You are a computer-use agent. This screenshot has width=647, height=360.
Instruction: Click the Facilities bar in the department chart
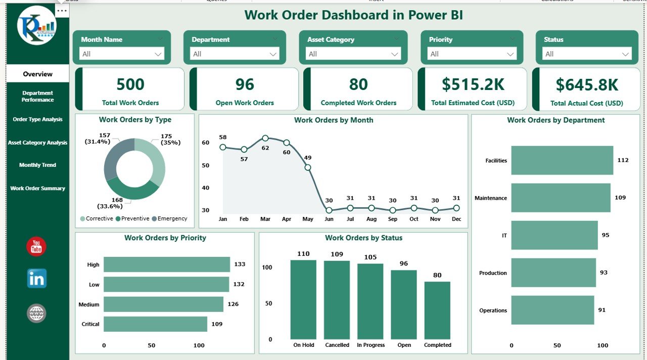coord(562,160)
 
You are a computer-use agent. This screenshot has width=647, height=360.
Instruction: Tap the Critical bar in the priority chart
coord(156,324)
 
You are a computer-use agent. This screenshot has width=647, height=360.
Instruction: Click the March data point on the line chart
coord(265,138)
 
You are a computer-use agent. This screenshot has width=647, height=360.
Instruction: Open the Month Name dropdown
coord(122,54)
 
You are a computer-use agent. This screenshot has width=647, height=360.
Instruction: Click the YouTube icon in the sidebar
coord(36,247)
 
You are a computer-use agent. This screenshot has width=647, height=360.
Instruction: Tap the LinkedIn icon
coord(36,279)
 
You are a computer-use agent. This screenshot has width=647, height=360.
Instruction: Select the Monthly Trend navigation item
coord(37,165)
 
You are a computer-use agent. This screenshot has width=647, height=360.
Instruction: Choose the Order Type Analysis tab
coord(37,120)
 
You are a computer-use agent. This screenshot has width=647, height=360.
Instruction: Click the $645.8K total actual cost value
coord(587,85)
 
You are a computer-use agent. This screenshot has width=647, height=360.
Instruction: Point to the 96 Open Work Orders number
coord(245,84)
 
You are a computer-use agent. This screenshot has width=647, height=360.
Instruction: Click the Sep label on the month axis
coord(393,219)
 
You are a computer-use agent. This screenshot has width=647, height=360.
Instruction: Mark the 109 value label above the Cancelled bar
coord(337,254)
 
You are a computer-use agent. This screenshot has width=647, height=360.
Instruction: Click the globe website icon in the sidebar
coord(36,313)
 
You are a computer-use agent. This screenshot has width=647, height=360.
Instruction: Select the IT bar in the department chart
coord(554,235)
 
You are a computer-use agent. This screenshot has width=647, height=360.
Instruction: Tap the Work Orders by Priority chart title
coord(165,238)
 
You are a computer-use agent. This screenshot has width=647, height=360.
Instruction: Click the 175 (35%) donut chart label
coord(170,139)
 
